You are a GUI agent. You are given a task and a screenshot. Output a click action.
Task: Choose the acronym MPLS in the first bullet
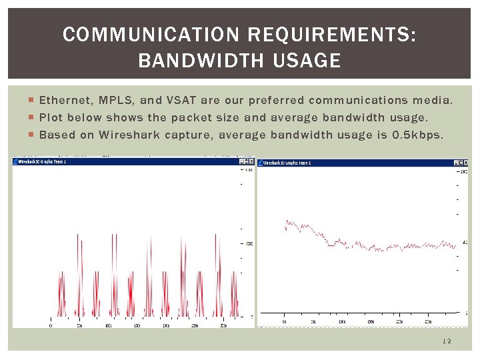(x=115, y=101)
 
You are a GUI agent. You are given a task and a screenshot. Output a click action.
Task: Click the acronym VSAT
(x=181, y=101)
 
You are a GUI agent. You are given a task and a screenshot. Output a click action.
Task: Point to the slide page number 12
(x=447, y=341)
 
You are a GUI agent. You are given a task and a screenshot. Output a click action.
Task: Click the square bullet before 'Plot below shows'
(x=33, y=118)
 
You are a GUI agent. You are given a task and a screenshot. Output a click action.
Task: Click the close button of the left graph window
(x=251, y=161)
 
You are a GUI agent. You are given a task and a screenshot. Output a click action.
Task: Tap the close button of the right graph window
(x=465, y=162)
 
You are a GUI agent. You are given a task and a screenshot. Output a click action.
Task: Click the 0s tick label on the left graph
(x=52, y=325)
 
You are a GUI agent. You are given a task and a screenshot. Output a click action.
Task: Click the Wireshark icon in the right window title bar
(x=260, y=162)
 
